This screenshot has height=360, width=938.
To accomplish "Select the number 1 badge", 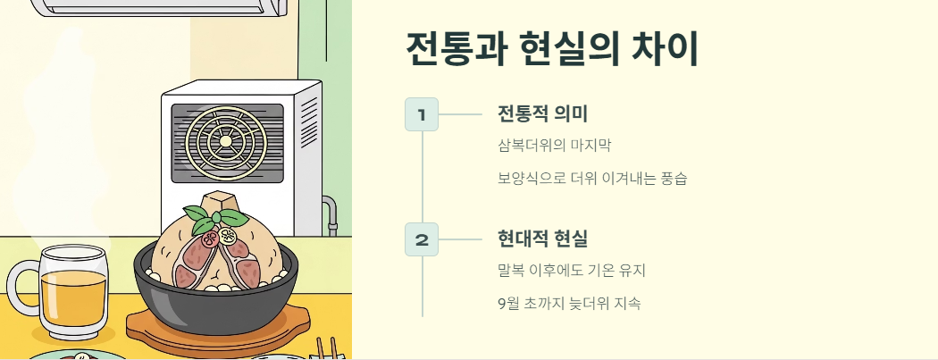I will coord(422,114).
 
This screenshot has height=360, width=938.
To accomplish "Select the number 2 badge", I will coord(422,239).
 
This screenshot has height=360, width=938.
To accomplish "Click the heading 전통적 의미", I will coord(542,113).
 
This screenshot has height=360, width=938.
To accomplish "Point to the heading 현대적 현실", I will coord(542,239).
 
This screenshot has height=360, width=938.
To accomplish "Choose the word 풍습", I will coord(673,178).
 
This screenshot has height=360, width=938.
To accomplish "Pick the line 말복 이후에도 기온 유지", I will coord(571,270).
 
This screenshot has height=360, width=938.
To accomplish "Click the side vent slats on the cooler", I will coord(309,125).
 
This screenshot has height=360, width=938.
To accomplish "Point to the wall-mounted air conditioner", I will coord(161,7).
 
